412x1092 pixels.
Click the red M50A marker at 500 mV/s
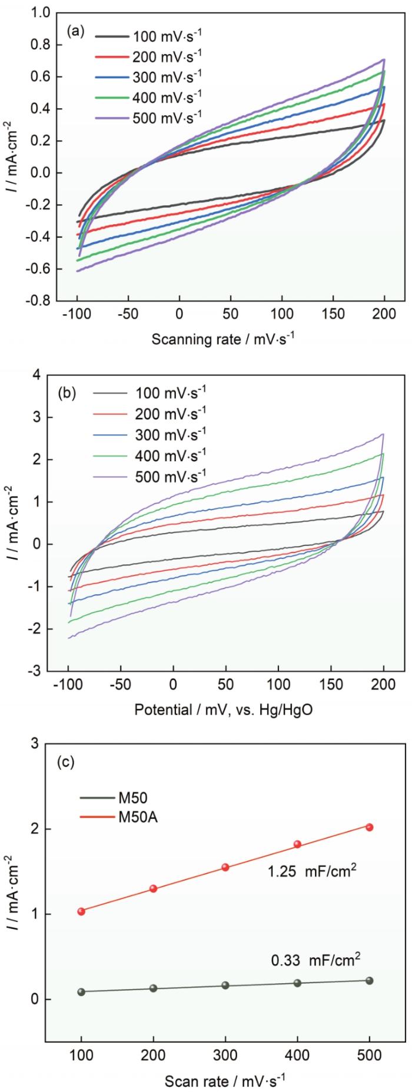click(x=370, y=827)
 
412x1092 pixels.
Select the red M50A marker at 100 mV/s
click(x=81, y=911)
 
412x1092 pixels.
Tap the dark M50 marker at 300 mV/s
click(x=225, y=984)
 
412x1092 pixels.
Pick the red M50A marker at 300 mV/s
click(x=225, y=867)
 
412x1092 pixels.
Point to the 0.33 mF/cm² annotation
click(x=315, y=961)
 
